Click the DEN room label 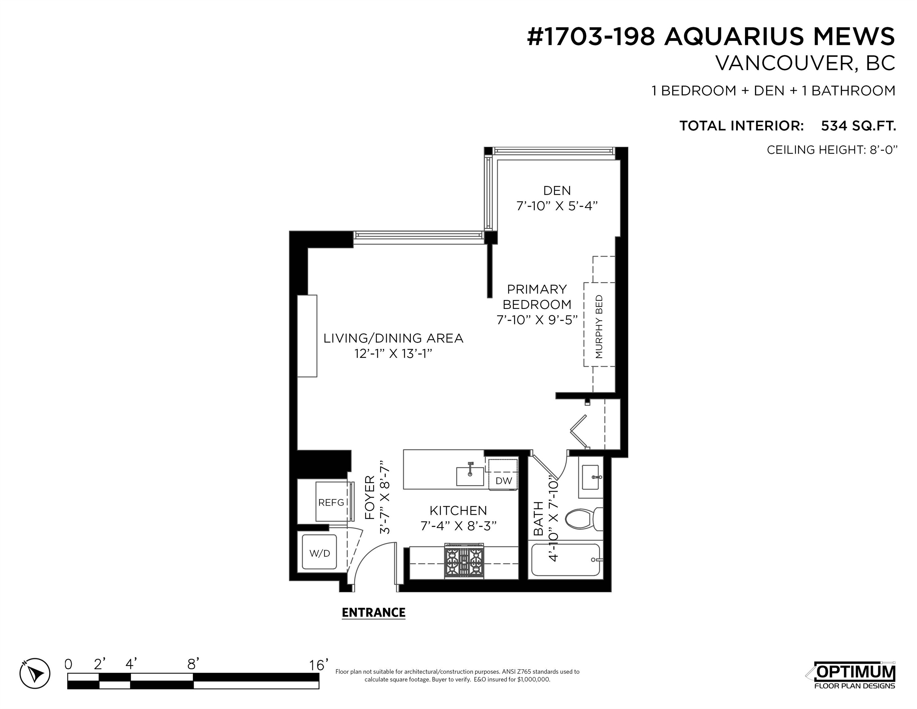557,191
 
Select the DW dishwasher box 504,480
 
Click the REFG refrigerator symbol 332,502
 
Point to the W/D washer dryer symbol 320,553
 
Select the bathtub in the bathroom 565,560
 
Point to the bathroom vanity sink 590,477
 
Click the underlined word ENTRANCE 373,613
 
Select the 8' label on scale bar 193,664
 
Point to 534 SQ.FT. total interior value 858,126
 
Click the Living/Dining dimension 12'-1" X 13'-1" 393,354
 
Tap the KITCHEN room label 458,511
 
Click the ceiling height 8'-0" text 832,150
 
